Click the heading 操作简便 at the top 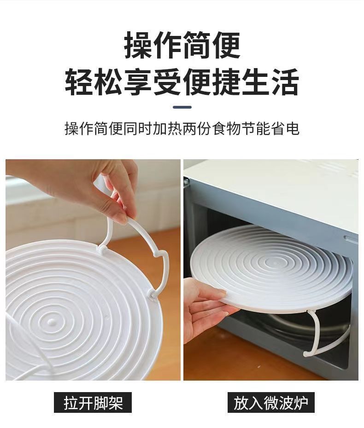pyautogui.click(x=182, y=45)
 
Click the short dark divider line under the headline pyautogui.click(x=182, y=107)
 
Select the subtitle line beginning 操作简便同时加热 pyautogui.click(x=182, y=129)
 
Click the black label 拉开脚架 pyautogui.click(x=93, y=403)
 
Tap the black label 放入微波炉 pyautogui.click(x=270, y=403)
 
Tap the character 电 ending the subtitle pyautogui.click(x=293, y=129)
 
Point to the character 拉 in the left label pyautogui.click(x=70, y=403)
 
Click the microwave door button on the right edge pyautogui.click(x=352, y=240)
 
